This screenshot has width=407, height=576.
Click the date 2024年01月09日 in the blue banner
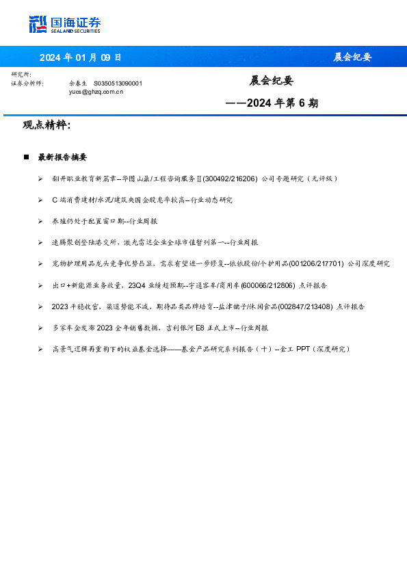(80, 57)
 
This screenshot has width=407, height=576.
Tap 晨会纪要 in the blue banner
(352, 57)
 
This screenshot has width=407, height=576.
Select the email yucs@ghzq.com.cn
(96, 91)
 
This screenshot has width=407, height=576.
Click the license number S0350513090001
(118, 83)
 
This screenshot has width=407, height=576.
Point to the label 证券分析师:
(28, 83)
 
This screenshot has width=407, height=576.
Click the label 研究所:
(21, 75)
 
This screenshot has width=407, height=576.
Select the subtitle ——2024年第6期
(272, 104)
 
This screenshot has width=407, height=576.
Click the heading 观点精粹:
(47, 125)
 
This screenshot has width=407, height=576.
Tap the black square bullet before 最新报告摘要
(26, 157)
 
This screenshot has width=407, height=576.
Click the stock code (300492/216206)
(230, 179)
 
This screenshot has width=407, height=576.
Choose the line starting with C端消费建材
(142, 200)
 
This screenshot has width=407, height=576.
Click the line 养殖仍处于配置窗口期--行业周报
(105, 221)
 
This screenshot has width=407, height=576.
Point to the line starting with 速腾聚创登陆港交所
(155, 242)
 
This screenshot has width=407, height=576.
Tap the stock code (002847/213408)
(304, 306)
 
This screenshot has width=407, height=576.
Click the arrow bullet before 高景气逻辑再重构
(40, 349)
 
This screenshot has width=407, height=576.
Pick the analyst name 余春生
(79, 83)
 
